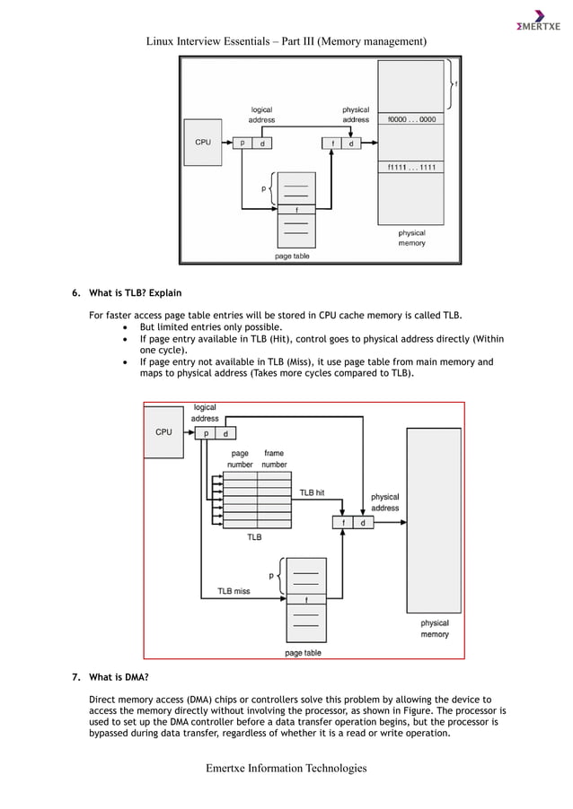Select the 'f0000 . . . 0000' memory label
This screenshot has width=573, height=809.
point(411,118)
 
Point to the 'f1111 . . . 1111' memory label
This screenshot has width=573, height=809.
point(411,167)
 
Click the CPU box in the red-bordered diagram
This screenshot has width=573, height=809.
point(163,431)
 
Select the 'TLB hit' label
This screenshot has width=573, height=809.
point(312,492)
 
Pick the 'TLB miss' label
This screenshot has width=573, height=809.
point(234,591)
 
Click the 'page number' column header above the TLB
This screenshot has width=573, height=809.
point(240,459)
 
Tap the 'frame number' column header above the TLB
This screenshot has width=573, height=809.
point(274,459)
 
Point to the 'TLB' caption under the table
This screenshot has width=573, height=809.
point(254,537)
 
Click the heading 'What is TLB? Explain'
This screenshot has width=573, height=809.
point(128,292)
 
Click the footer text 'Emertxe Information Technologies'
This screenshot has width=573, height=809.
point(286,768)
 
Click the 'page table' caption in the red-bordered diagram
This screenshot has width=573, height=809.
point(303,653)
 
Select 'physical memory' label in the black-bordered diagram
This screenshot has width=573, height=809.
point(411,238)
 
